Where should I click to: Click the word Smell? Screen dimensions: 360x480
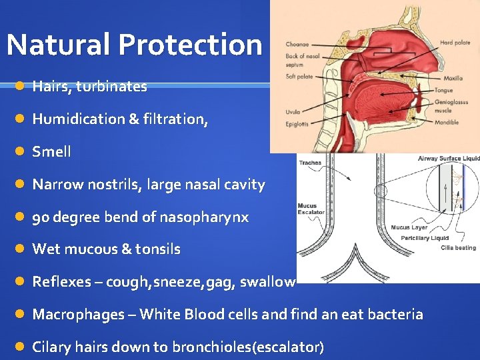point(51,151)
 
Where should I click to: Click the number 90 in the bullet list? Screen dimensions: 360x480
point(41,217)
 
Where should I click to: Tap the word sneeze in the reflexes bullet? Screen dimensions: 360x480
point(179,281)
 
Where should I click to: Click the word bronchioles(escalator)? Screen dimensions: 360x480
point(247,347)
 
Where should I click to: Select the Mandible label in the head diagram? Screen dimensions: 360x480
point(447,122)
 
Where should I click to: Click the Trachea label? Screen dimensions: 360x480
point(310,162)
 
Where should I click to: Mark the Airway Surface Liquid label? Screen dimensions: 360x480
point(449,159)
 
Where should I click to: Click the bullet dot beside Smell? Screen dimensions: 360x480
point(21,151)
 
